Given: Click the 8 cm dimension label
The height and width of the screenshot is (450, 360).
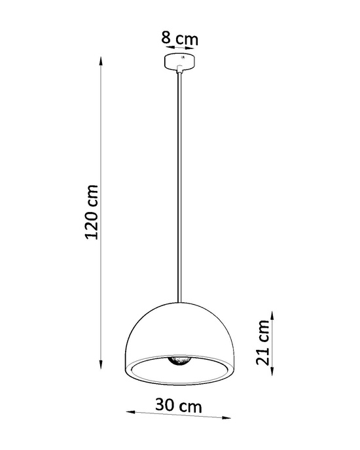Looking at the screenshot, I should (x=179, y=38).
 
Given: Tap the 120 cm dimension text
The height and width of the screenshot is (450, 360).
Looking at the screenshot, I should (x=93, y=211).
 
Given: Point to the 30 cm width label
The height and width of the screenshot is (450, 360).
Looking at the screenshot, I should (x=178, y=406).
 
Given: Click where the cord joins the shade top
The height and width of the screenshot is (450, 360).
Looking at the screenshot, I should (x=178, y=302).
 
